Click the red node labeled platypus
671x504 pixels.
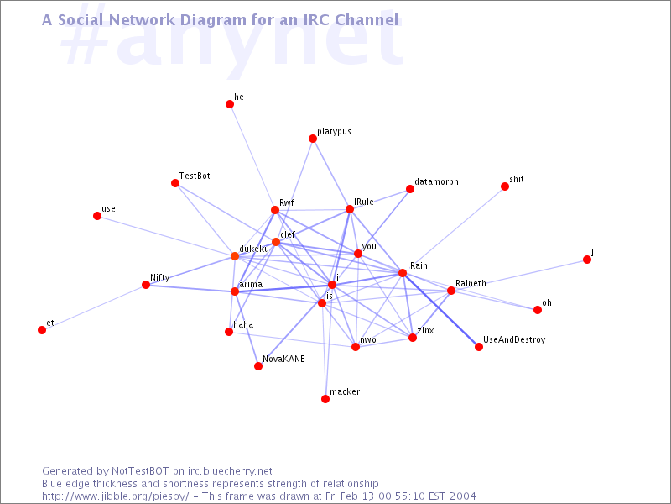(313, 139)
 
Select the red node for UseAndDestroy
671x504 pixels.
(479, 347)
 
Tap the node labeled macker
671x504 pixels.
(325, 399)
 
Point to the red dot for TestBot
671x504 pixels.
(175, 183)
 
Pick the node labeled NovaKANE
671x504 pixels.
(258, 366)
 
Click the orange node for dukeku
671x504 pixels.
(235, 256)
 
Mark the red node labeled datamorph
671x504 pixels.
(410, 189)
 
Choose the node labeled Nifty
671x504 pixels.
(146, 285)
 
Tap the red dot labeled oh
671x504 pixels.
(538, 310)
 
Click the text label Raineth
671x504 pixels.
(471, 283)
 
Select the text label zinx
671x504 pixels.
(425, 330)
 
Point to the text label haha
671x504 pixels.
(243, 324)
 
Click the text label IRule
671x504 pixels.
(364, 202)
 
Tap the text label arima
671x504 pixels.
(251, 284)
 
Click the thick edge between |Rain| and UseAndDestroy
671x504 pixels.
(441, 310)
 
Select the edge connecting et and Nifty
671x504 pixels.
(94, 307)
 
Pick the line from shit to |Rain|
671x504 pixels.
(454, 229)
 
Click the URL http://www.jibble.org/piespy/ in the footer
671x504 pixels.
(115, 496)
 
